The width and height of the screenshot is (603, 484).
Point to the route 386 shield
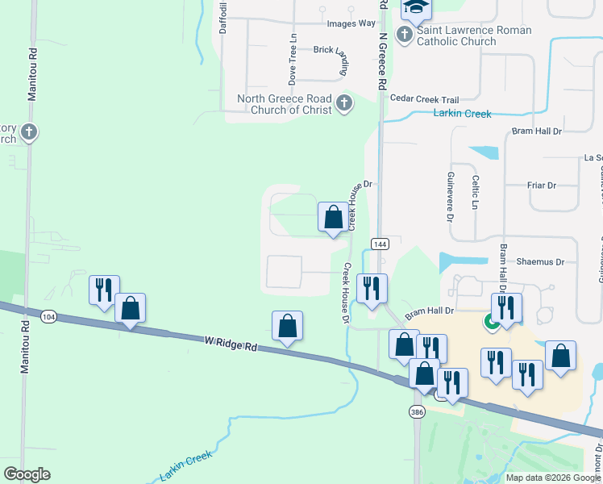[417, 411]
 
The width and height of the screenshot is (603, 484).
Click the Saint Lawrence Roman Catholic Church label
[474, 35]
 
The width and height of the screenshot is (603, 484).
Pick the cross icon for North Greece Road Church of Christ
[344, 103]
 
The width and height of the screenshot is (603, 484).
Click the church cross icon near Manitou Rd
[29, 131]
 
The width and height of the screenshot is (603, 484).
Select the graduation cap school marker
[417, 7]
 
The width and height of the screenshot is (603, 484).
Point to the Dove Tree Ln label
[293, 60]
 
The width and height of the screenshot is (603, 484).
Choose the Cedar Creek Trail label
[423, 98]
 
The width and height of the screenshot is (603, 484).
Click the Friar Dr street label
[541, 186]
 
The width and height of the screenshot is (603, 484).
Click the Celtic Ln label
[476, 194]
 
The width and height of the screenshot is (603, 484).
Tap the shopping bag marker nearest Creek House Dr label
[333, 217]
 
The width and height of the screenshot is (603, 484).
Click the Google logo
[27, 474]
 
